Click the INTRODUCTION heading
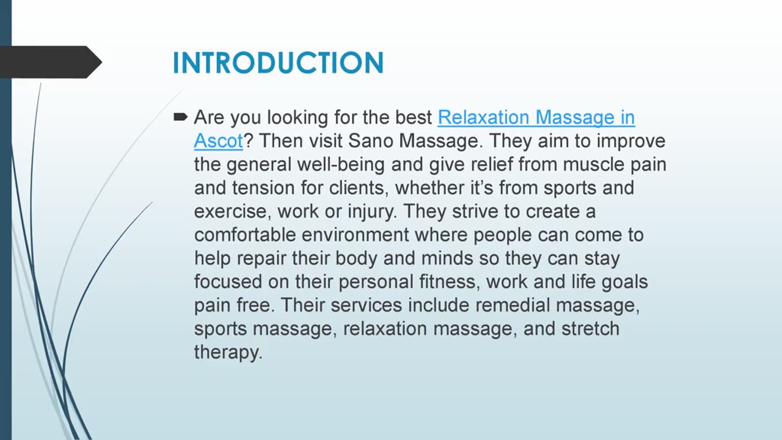tap(278, 63)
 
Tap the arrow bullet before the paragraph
tap(180, 117)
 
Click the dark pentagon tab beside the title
tap(51, 62)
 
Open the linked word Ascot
tap(218, 141)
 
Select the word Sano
tap(370, 141)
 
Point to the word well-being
tap(340, 165)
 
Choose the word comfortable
tap(245, 235)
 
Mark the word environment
tap(355, 235)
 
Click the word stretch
tap(590, 329)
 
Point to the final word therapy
tap(228, 353)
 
